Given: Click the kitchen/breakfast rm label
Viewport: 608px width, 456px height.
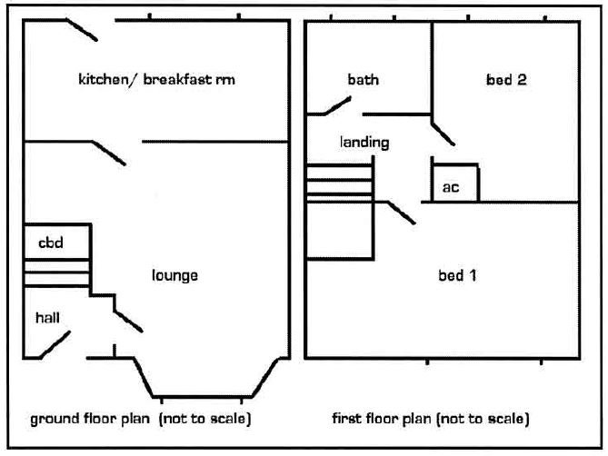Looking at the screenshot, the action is point(156,79).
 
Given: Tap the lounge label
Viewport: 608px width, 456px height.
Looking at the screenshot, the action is point(174,275).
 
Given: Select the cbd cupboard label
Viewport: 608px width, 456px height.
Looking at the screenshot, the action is point(51,243).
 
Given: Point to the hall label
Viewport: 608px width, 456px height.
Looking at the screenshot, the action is point(47,318).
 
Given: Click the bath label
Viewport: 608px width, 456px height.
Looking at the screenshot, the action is point(364,80).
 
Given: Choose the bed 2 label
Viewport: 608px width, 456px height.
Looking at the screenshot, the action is point(506,79).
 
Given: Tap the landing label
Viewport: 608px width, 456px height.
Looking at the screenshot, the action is point(364,143).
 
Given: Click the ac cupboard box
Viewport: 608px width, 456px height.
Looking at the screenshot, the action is point(455,183).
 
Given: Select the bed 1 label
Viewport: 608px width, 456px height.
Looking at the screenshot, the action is point(457,275).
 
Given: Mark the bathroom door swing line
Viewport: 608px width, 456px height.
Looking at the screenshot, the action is point(337,106).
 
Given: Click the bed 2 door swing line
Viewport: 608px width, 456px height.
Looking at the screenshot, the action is point(444,134).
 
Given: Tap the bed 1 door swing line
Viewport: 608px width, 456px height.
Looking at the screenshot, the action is point(402,213).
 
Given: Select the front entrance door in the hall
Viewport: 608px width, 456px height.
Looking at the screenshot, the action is point(55,344).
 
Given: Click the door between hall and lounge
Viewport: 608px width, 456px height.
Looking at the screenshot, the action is point(128,322).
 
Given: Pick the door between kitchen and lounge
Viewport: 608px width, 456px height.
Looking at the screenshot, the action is point(109,153).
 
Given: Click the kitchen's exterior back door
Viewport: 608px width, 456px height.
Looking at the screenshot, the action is point(82,29).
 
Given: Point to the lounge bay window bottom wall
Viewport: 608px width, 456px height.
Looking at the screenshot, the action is point(203,397).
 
